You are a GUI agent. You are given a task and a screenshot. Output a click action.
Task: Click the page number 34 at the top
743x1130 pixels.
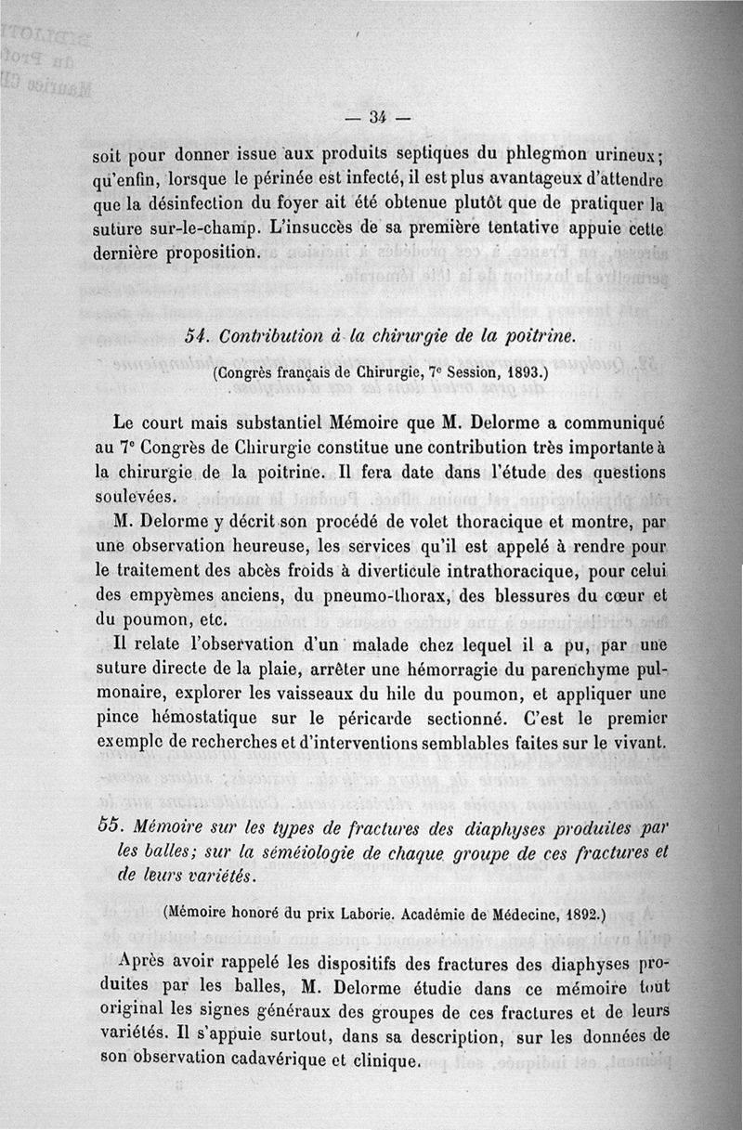(377, 117)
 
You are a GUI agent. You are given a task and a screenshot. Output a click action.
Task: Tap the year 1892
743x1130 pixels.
(563, 913)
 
